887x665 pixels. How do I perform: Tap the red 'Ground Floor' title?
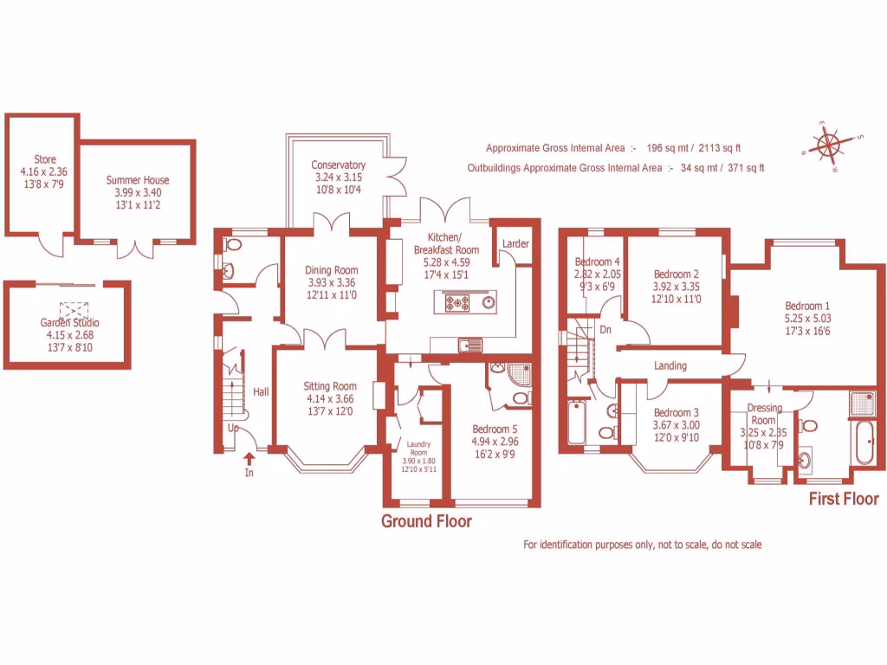click(427, 521)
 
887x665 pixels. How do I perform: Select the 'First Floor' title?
click(843, 499)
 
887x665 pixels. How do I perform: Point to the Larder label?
click(515, 244)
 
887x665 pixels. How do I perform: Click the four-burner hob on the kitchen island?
click(457, 302)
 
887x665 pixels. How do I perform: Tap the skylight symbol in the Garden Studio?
click(68, 310)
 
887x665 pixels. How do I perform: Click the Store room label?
click(44, 159)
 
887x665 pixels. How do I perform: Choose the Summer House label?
click(138, 180)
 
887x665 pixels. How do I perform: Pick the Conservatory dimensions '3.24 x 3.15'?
click(338, 178)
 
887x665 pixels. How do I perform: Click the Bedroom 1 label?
click(807, 306)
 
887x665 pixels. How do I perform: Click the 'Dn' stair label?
click(605, 330)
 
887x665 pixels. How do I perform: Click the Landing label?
click(670, 366)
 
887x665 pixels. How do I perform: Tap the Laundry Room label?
click(418, 447)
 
